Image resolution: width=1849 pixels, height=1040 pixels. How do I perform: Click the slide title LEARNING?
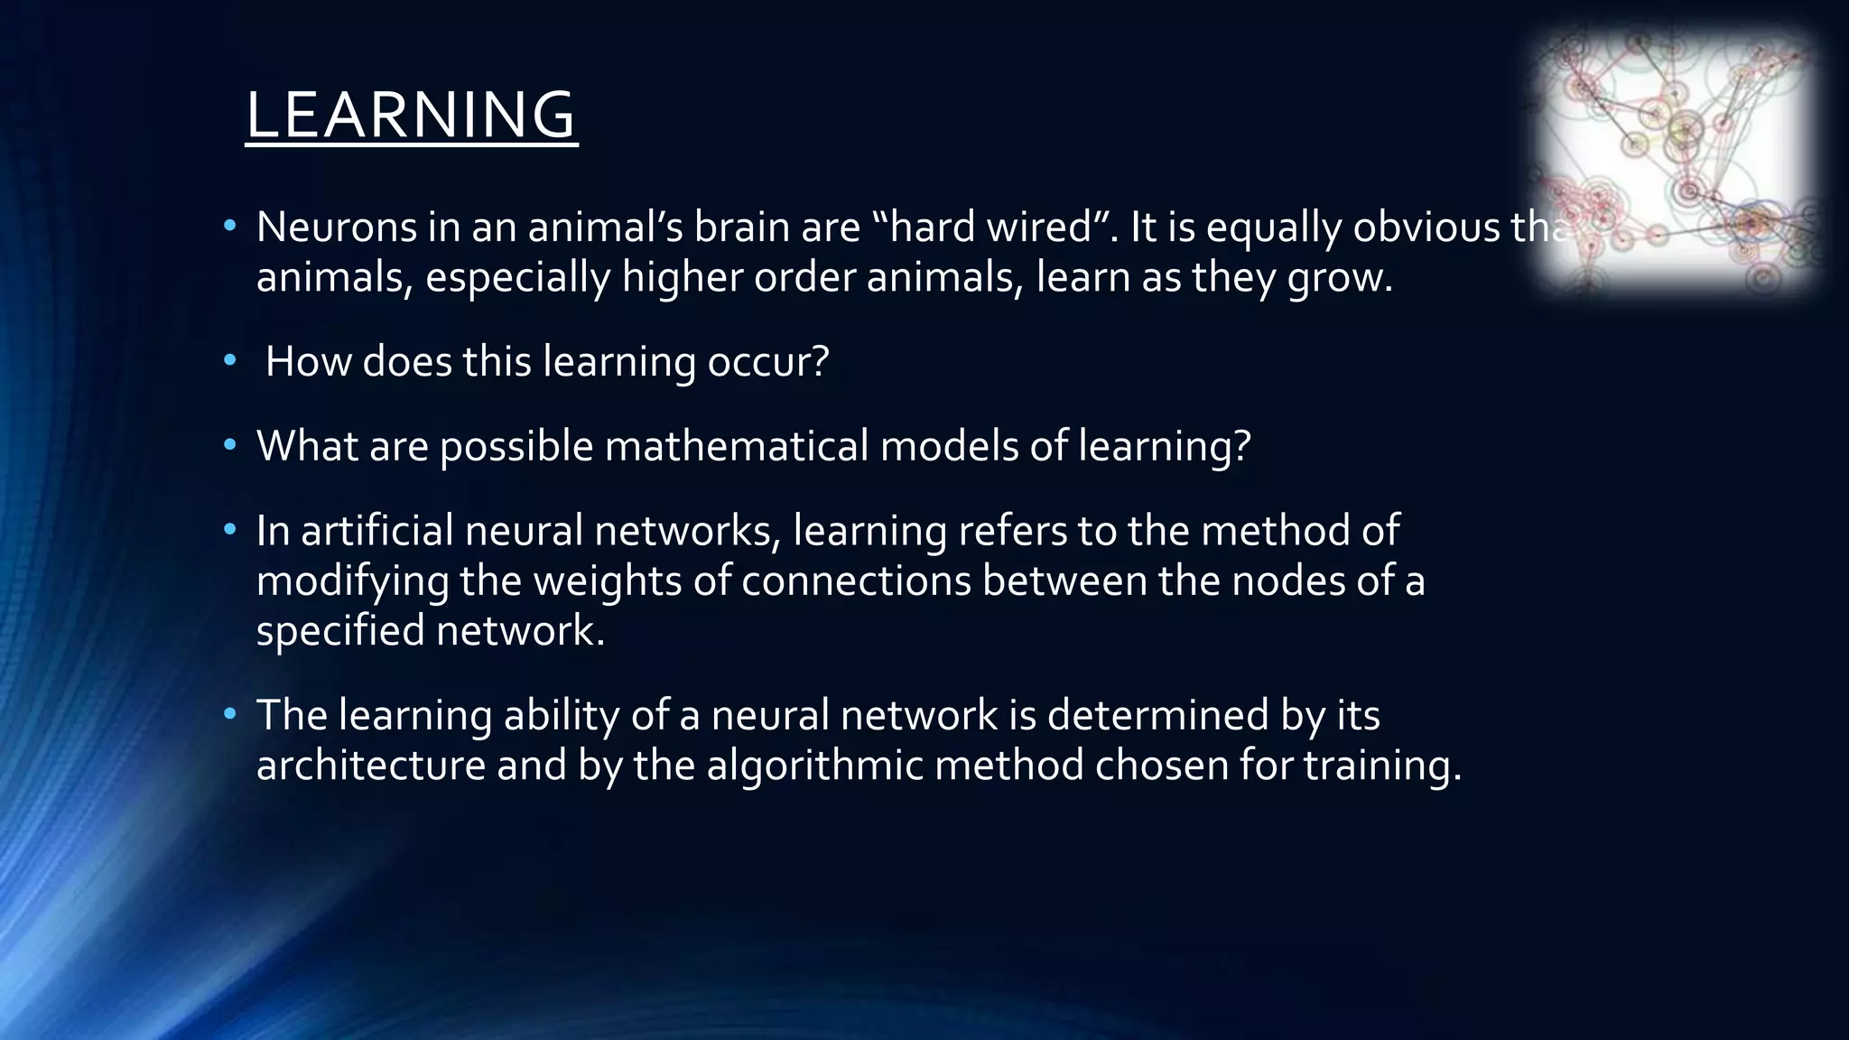(x=411, y=115)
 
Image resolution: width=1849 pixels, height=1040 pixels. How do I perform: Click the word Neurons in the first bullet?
(x=336, y=227)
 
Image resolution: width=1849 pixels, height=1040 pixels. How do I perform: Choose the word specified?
(x=340, y=630)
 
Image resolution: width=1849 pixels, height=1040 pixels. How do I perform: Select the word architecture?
(x=371, y=766)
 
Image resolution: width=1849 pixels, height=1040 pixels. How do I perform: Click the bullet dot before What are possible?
(x=230, y=445)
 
